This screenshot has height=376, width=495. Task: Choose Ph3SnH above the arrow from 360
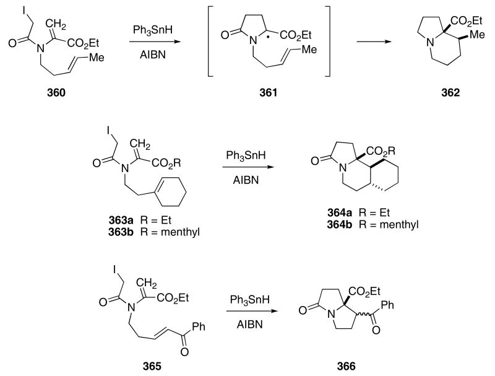(x=150, y=30)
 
